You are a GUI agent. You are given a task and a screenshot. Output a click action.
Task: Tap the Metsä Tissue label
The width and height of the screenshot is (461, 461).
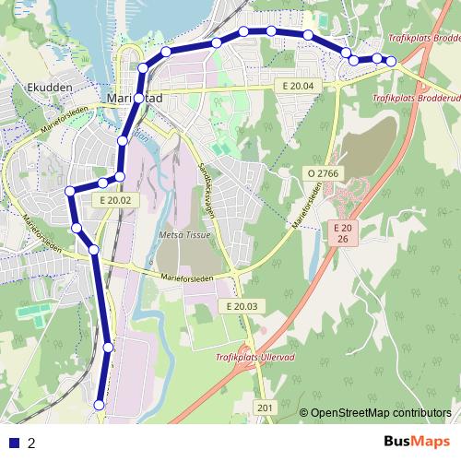click(x=184, y=235)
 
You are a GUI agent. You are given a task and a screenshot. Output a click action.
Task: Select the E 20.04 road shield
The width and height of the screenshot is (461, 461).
click(x=299, y=86)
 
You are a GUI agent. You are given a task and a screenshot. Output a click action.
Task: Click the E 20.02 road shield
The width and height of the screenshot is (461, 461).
click(x=114, y=200)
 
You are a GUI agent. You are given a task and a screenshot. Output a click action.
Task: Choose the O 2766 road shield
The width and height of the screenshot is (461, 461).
click(x=323, y=172)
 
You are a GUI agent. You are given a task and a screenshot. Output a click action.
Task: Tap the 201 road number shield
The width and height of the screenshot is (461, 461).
click(x=265, y=408)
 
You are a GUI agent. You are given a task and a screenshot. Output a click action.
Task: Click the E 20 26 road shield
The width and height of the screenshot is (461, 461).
click(x=343, y=233)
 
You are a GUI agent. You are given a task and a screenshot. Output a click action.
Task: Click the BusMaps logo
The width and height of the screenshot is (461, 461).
click(x=416, y=442)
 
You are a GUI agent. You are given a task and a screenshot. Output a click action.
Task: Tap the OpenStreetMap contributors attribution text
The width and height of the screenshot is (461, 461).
click(x=375, y=413)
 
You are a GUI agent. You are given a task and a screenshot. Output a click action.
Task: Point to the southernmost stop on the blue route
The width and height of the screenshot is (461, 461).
click(x=100, y=404)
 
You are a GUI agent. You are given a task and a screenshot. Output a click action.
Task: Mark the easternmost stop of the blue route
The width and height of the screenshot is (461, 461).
click(x=391, y=61)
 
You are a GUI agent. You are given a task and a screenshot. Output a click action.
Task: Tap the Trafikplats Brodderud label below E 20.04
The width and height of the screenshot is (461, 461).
click(x=415, y=97)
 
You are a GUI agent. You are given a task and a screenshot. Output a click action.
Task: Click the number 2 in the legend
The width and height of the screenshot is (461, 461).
click(x=31, y=443)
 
